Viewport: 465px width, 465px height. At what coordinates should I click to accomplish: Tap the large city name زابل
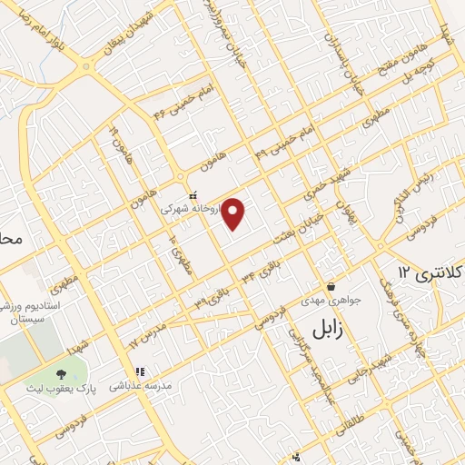tap(329, 328)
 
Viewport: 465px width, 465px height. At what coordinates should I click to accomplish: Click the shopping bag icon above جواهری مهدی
tap(331, 285)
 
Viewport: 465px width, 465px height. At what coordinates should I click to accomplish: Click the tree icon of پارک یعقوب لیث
tap(62, 373)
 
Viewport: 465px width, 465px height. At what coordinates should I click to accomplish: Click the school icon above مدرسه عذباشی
tap(140, 371)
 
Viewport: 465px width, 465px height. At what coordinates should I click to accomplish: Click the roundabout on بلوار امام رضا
tap(87, 66)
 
